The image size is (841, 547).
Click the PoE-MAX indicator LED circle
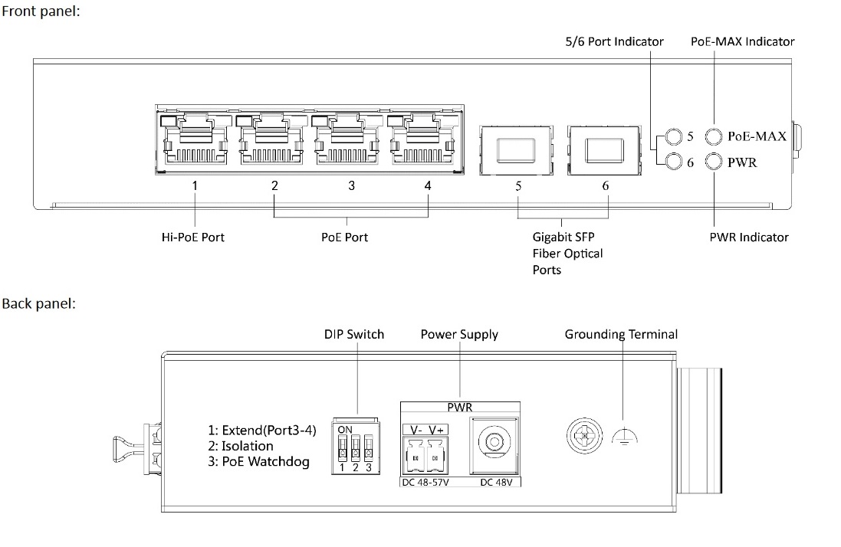point(714,136)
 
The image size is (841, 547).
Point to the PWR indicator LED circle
point(714,162)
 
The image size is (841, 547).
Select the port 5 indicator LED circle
point(673,136)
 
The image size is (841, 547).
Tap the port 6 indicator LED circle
point(673,162)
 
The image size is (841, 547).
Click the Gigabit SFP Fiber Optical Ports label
point(568,254)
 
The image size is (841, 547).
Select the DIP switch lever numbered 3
point(370,447)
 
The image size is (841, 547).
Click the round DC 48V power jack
point(491,444)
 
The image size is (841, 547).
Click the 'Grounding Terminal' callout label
point(621,334)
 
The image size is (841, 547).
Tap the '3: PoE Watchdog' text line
point(264,462)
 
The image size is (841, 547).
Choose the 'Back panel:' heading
point(38,304)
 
